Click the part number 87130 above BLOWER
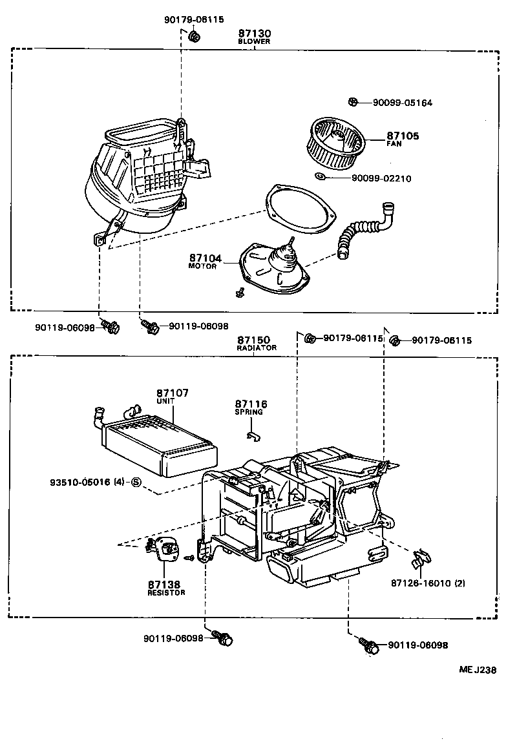254,33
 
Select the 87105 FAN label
403,139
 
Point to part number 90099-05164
402,103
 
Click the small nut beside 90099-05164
353,102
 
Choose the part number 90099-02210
381,179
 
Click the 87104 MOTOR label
205,261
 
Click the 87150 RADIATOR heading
255,342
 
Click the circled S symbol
136,482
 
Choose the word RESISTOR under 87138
166,592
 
